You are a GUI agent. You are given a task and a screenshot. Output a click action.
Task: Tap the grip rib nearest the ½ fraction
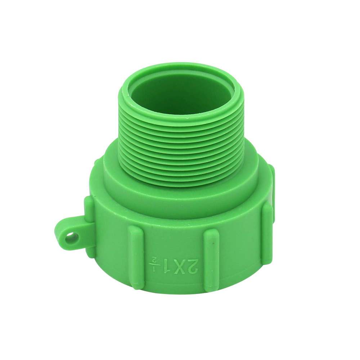(137, 258)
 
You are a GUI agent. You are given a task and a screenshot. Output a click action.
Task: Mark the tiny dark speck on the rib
(213, 244)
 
